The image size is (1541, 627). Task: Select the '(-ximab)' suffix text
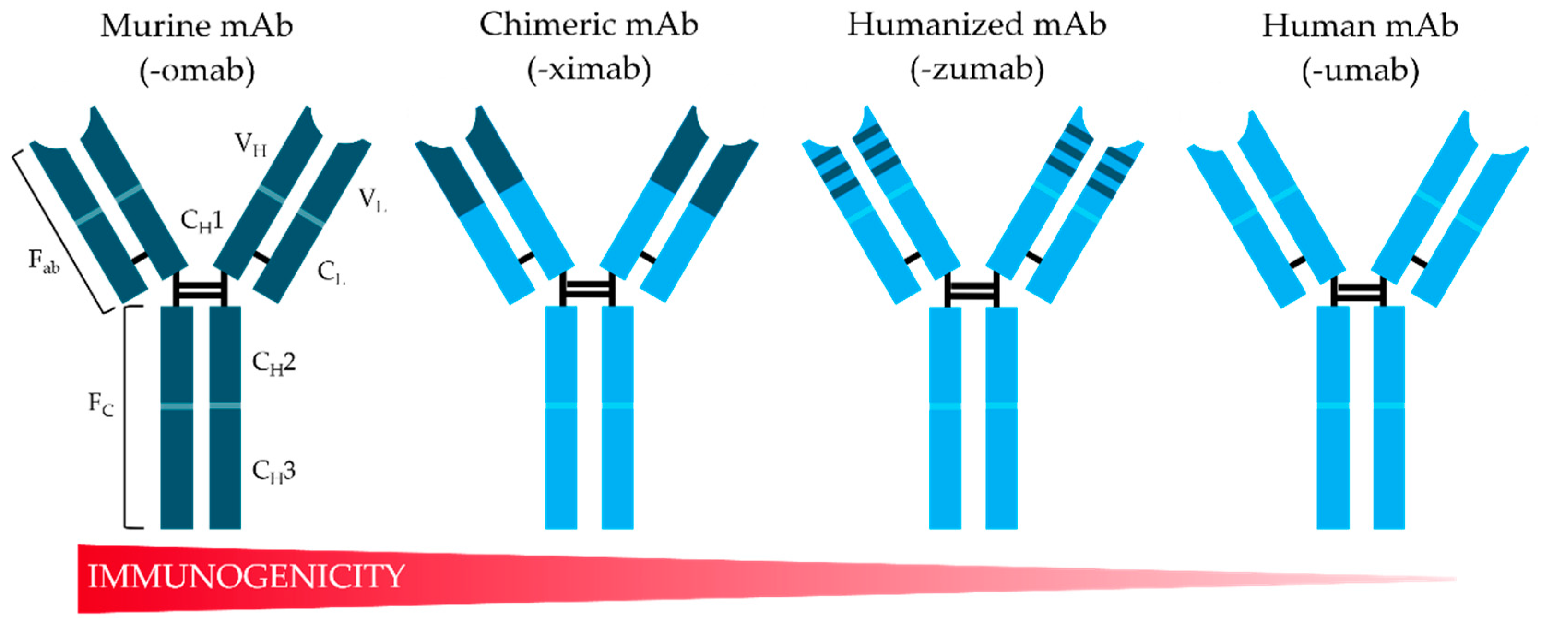coord(589,70)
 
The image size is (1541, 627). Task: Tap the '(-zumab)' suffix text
coord(977,70)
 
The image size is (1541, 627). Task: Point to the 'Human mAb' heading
coord(1360,26)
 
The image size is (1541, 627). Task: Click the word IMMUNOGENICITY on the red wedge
coord(247,576)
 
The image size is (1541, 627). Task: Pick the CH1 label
coord(202,221)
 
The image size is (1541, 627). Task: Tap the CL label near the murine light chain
coord(331,273)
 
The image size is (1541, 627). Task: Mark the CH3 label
coord(274,472)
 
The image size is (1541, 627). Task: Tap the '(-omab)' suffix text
coord(197,71)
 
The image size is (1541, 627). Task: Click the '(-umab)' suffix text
coord(1360,71)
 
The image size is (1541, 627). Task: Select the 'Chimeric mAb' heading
coord(589,25)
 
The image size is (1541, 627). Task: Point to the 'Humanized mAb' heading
coord(977,25)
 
